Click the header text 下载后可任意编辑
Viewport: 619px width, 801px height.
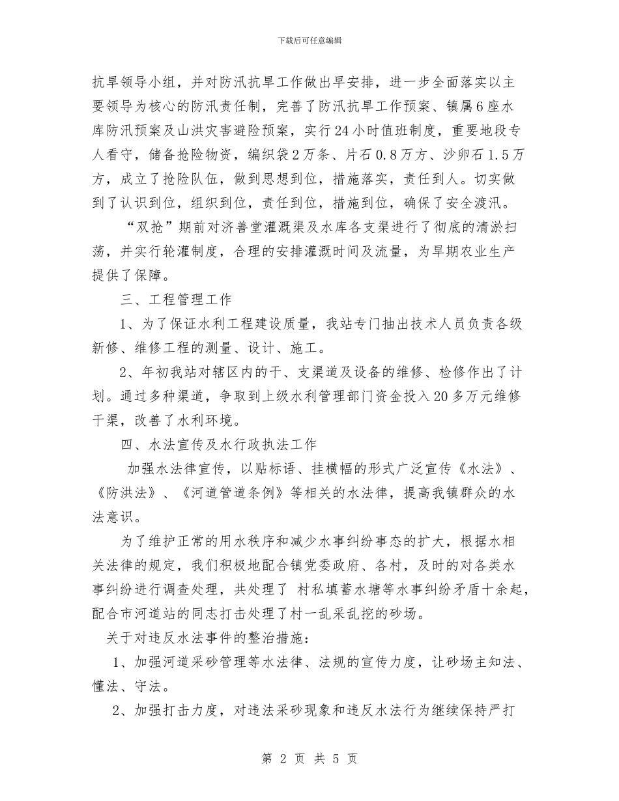[x=309, y=40]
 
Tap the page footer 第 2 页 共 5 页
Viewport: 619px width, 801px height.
[x=309, y=759]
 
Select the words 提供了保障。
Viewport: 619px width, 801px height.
[x=134, y=275]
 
